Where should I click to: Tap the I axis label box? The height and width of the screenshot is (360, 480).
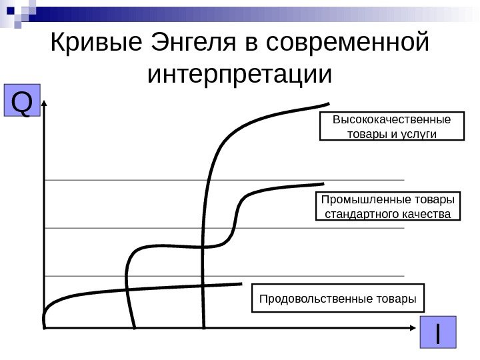438,333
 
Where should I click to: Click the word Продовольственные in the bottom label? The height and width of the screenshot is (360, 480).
314,299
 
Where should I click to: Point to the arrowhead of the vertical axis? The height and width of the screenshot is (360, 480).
45,103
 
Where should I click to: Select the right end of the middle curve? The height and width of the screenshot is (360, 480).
323,183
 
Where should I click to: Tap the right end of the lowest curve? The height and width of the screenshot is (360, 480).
241,283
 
